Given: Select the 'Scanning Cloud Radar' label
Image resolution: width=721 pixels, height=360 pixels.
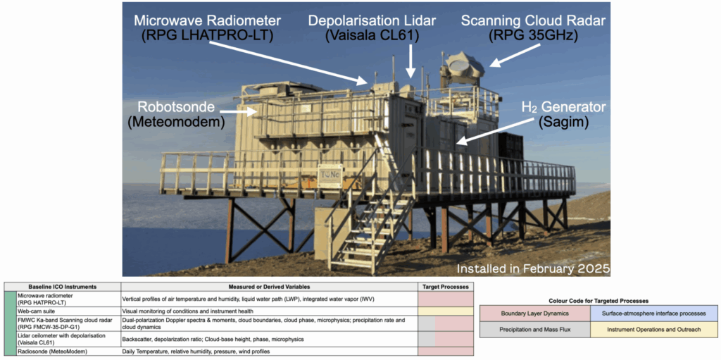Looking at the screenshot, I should coord(533,19).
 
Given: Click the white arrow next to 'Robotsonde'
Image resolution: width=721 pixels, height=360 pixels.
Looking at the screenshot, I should coord(240,111).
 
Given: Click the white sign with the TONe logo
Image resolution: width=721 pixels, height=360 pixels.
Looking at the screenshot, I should coord(329,175).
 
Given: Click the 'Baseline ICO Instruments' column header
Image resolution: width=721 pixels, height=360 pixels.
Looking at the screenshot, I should coord(62,287).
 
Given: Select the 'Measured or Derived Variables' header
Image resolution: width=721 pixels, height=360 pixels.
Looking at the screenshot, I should coord(269,287).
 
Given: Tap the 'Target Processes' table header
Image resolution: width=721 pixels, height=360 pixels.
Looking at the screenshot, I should coord(444,287).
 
